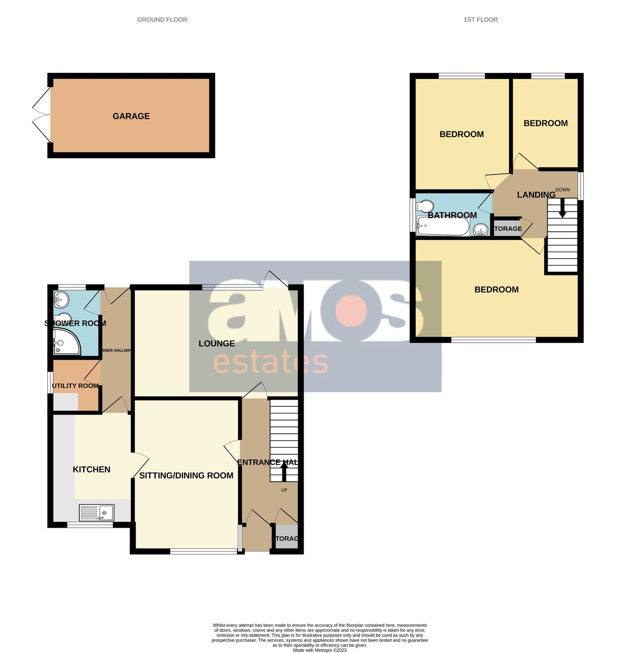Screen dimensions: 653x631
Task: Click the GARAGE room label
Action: [x=131, y=116]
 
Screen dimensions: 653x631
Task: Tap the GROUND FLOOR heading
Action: [x=162, y=20]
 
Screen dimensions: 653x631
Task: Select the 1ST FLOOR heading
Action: [x=481, y=20]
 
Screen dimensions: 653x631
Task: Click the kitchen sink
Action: [x=96, y=513]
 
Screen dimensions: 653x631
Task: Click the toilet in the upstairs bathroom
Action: [x=425, y=207]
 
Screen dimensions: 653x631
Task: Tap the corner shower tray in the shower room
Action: [x=66, y=342]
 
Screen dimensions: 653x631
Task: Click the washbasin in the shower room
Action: [x=61, y=300]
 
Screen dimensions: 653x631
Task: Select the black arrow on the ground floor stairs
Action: [x=284, y=471]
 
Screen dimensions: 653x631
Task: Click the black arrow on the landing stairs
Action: [x=562, y=208]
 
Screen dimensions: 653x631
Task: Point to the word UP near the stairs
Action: [x=284, y=490]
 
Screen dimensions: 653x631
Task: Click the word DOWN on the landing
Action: [x=562, y=190]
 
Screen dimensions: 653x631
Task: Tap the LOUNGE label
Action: [x=216, y=344]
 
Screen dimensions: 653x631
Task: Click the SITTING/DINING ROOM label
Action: [x=186, y=476]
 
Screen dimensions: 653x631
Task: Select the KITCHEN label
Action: [x=91, y=469]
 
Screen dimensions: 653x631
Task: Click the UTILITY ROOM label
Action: [x=75, y=386]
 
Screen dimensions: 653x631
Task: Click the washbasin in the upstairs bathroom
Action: [x=481, y=229]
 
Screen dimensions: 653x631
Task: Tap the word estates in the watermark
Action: [x=271, y=363]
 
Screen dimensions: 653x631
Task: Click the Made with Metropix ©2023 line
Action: [x=319, y=650]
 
